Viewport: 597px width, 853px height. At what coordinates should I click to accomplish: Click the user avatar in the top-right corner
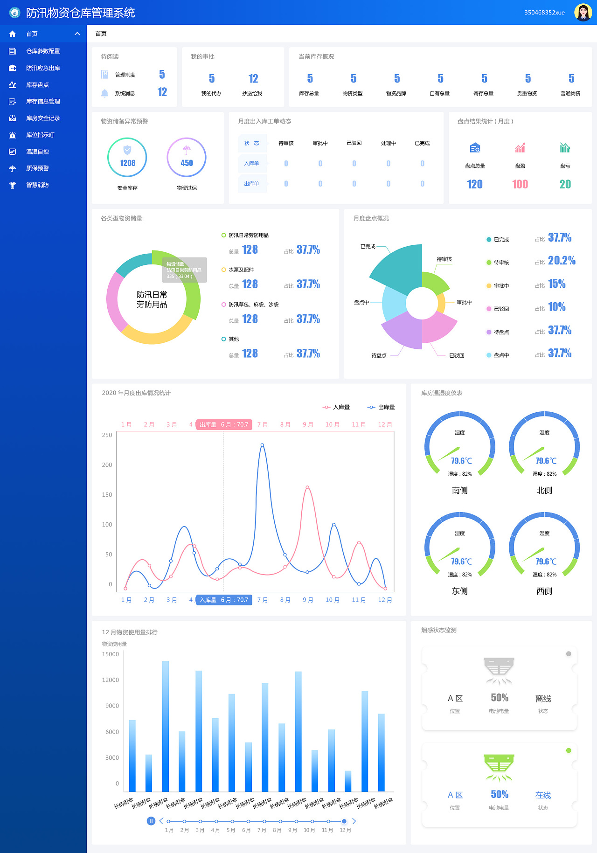(x=583, y=13)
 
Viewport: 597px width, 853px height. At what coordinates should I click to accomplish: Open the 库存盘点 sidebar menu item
(x=37, y=85)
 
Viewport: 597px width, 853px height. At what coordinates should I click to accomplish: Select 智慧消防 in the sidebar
(x=37, y=185)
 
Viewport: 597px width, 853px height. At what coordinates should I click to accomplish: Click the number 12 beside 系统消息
(x=162, y=92)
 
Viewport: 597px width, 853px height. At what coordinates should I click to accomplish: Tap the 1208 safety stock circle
(x=127, y=158)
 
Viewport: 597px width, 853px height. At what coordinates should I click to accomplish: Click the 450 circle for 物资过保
(x=187, y=158)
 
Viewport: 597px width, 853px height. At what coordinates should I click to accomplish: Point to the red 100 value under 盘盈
(x=520, y=184)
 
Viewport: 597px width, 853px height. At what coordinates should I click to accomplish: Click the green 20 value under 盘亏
(x=565, y=184)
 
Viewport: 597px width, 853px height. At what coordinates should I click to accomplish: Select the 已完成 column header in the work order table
(x=422, y=143)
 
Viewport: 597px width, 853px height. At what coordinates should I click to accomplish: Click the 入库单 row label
(x=251, y=163)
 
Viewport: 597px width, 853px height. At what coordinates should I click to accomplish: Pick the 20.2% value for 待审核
(x=562, y=261)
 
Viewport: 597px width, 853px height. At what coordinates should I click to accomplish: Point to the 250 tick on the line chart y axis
(x=107, y=435)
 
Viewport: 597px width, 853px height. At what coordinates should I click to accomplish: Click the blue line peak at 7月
(x=262, y=445)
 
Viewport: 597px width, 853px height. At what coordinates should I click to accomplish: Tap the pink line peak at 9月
(x=307, y=487)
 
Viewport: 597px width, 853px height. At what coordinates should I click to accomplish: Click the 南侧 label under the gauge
(x=459, y=490)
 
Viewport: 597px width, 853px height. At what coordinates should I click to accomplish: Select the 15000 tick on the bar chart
(x=111, y=654)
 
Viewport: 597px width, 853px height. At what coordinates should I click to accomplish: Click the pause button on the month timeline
(x=151, y=821)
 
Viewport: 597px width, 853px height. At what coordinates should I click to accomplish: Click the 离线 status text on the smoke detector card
(x=543, y=699)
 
